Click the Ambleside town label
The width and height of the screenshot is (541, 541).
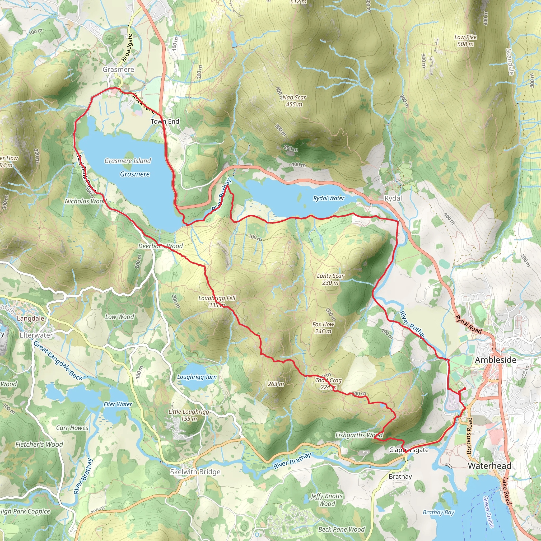click(x=495, y=360)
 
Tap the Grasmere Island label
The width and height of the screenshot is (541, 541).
click(x=128, y=161)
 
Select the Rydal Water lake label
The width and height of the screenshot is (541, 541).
click(x=328, y=198)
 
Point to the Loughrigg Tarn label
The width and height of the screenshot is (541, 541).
click(x=197, y=377)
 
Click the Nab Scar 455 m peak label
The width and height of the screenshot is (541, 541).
click(x=294, y=101)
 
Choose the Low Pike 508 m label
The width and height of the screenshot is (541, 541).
click(x=465, y=41)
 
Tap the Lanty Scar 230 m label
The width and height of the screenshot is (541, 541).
click(x=330, y=279)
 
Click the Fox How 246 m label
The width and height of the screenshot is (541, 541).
click(x=323, y=328)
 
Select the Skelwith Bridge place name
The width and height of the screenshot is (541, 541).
click(x=195, y=472)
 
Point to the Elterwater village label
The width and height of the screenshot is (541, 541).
click(x=36, y=335)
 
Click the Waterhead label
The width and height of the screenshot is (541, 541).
click(x=489, y=466)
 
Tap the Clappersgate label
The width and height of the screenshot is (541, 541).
click(x=409, y=450)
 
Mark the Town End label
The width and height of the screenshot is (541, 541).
click(x=165, y=121)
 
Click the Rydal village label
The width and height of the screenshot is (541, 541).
click(x=393, y=198)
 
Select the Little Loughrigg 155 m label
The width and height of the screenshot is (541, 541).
click(x=189, y=415)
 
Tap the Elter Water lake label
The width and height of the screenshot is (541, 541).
click(x=118, y=404)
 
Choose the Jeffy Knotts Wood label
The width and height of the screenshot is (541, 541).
click(x=327, y=500)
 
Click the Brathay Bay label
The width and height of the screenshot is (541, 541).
click(x=438, y=512)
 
